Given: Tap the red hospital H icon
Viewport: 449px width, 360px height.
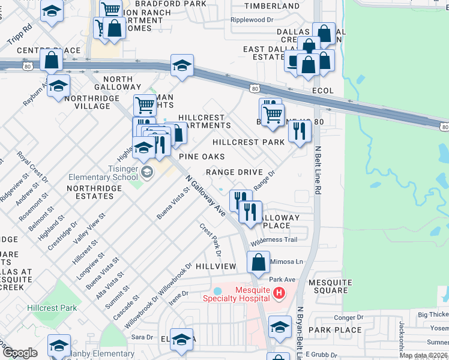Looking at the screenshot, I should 279,293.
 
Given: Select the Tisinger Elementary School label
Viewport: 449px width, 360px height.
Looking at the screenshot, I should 103,173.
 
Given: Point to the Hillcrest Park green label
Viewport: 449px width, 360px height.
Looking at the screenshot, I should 52,308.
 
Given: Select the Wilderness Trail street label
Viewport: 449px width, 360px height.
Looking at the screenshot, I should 274,240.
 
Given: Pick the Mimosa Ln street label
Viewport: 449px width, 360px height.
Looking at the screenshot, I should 288,262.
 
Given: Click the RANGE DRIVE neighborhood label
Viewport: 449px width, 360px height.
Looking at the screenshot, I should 234,172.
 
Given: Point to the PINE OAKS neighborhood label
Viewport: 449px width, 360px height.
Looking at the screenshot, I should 202,157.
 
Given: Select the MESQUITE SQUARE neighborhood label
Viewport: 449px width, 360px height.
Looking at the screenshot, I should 329,286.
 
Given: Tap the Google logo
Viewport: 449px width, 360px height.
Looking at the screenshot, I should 20,353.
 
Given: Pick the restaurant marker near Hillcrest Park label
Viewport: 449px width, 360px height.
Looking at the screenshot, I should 300,131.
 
